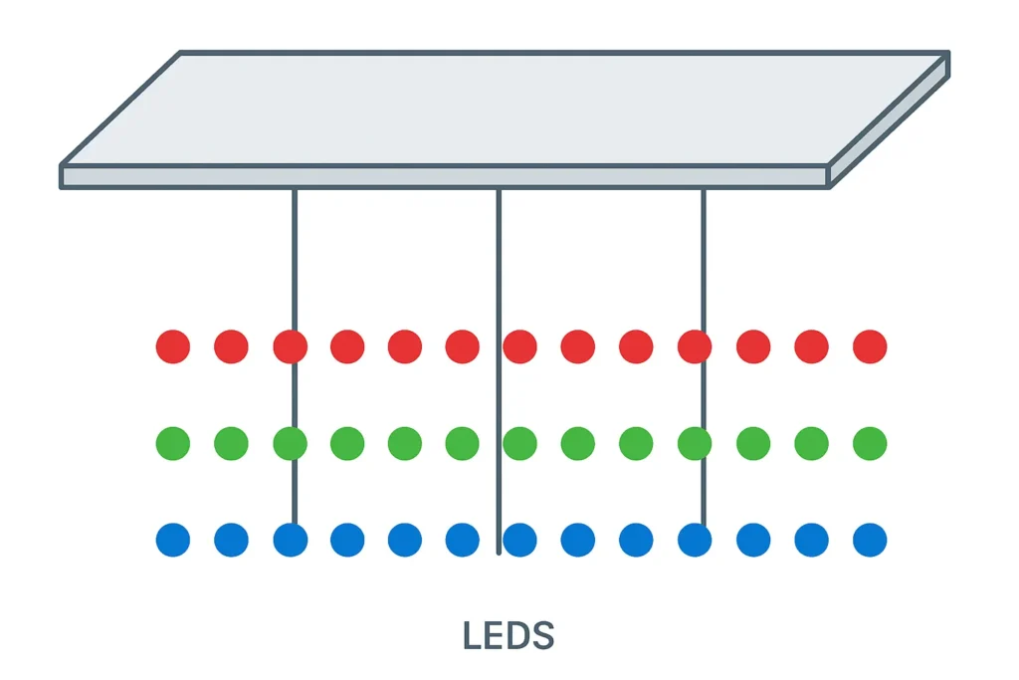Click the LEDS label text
(x=508, y=635)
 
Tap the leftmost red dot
(x=173, y=346)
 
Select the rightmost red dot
(x=870, y=346)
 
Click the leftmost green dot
(x=173, y=443)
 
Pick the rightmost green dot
(x=870, y=443)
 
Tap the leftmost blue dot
(x=173, y=540)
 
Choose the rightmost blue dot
(x=870, y=540)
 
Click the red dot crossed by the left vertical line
(x=290, y=346)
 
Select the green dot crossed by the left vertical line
(x=290, y=443)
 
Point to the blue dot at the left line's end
(x=290, y=540)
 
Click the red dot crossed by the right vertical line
(x=695, y=346)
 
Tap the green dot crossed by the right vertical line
(x=695, y=443)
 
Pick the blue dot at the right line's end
(x=695, y=540)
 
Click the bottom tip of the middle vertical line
(x=499, y=552)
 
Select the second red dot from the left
(x=231, y=346)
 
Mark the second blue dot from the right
(x=812, y=540)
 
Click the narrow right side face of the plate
(x=889, y=121)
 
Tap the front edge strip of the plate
(x=444, y=177)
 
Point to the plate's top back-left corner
(x=180, y=53)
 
